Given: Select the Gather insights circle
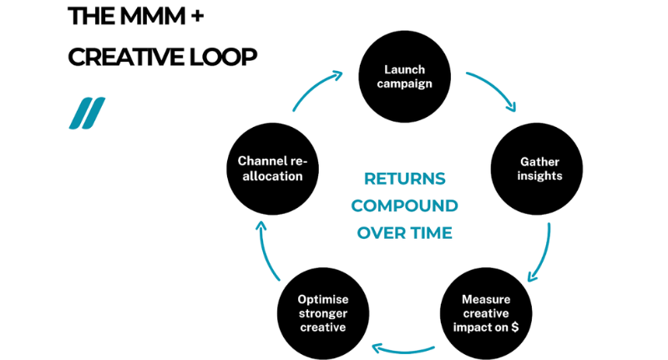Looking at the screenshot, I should click(x=534, y=170).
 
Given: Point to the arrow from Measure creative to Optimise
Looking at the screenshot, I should click(x=403, y=347).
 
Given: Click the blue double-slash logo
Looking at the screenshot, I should click(x=87, y=114).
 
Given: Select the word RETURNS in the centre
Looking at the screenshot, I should click(x=405, y=179).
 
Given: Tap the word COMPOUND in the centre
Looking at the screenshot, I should click(x=405, y=205).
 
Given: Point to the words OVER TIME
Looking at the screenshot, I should click(x=405, y=233).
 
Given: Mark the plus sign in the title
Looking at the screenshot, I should click(x=198, y=15).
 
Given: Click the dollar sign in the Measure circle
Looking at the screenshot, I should click(x=514, y=327).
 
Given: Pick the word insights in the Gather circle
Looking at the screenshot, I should click(x=534, y=177).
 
